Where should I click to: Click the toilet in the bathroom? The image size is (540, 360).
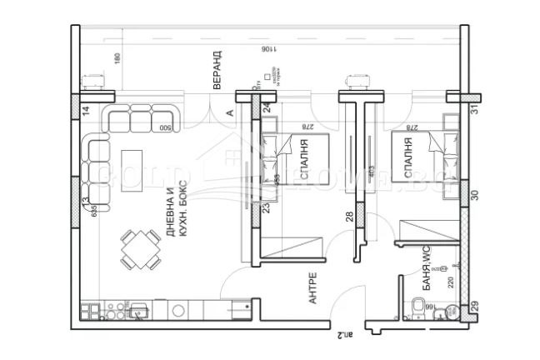coord(416,308)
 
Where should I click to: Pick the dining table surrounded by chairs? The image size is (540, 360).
coord(140,248)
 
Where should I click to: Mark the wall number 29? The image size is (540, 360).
coord(473,307)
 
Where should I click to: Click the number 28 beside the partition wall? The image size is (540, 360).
coord(349,217)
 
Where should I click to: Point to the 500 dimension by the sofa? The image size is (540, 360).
coord(166,127)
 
